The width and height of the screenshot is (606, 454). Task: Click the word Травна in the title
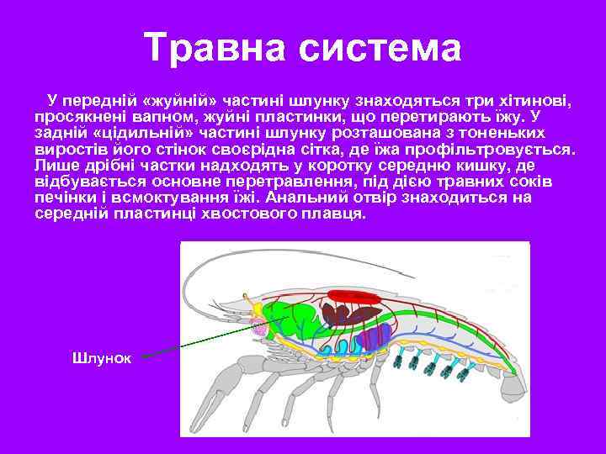(212, 48)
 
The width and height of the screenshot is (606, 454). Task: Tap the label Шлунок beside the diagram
(101, 358)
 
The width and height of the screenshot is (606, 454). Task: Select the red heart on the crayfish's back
(354, 295)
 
